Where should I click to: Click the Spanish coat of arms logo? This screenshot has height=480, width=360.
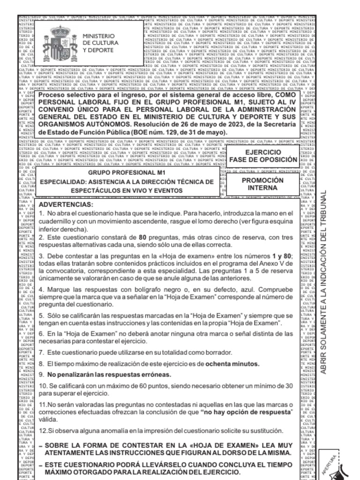(57, 43)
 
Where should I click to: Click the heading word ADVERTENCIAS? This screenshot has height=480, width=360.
(66, 205)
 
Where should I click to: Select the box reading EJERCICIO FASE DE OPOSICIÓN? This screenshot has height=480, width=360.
(263, 156)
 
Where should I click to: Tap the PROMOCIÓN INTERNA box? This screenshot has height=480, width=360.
(262, 184)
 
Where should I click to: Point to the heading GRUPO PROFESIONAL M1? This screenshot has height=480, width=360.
(120, 173)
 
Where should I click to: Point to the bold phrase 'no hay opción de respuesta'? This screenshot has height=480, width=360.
(246, 412)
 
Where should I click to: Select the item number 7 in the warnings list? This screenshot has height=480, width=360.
(41, 352)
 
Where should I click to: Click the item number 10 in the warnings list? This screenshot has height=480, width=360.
(43, 385)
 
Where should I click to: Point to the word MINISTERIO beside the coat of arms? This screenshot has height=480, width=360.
(98, 36)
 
